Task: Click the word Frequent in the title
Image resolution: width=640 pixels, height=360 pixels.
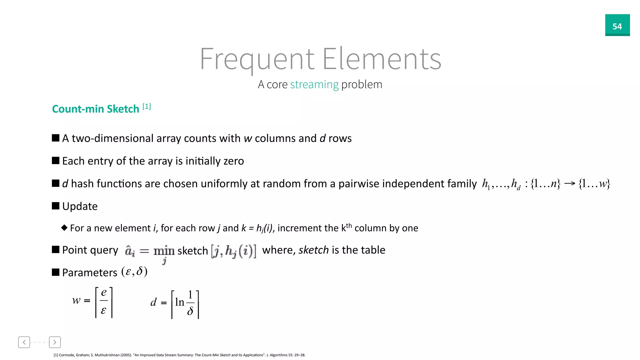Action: pyautogui.click(x=257, y=59)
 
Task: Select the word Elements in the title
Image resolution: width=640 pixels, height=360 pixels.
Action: pyautogui.click(x=382, y=59)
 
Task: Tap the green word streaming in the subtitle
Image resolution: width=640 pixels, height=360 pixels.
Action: pyautogui.click(x=314, y=85)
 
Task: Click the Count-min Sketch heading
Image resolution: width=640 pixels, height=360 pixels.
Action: pyautogui.click(x=95, y=109)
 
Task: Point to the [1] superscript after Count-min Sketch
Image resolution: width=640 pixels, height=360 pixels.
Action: pyautogui.click(x=147, y=107)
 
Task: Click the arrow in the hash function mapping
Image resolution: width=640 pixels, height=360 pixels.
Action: pyautogui.click(x=569, y=183)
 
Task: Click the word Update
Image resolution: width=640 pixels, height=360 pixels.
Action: pyautogui.click(x=80, y=206)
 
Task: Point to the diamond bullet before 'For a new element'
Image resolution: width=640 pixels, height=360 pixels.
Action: pyautogui.click(x=64, y=227)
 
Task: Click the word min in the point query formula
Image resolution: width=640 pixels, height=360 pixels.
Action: pyautogui.click(x=164, y=251)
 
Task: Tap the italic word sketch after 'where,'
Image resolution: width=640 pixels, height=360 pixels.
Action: pyautogui.click(x=313, y=250)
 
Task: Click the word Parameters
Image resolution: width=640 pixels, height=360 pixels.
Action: pyautogui.click(x=90, y=272)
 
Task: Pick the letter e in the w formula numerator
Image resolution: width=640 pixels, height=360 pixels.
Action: pyautogui.click(x=104, y=292)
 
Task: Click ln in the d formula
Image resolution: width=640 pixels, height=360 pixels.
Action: pyautogui.click(x=180, y=302)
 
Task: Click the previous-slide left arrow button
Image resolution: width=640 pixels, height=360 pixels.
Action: pyautogui.click(x=24, y=342)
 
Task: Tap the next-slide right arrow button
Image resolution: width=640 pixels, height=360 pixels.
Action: pyautogui.click(x=55, y=342)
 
